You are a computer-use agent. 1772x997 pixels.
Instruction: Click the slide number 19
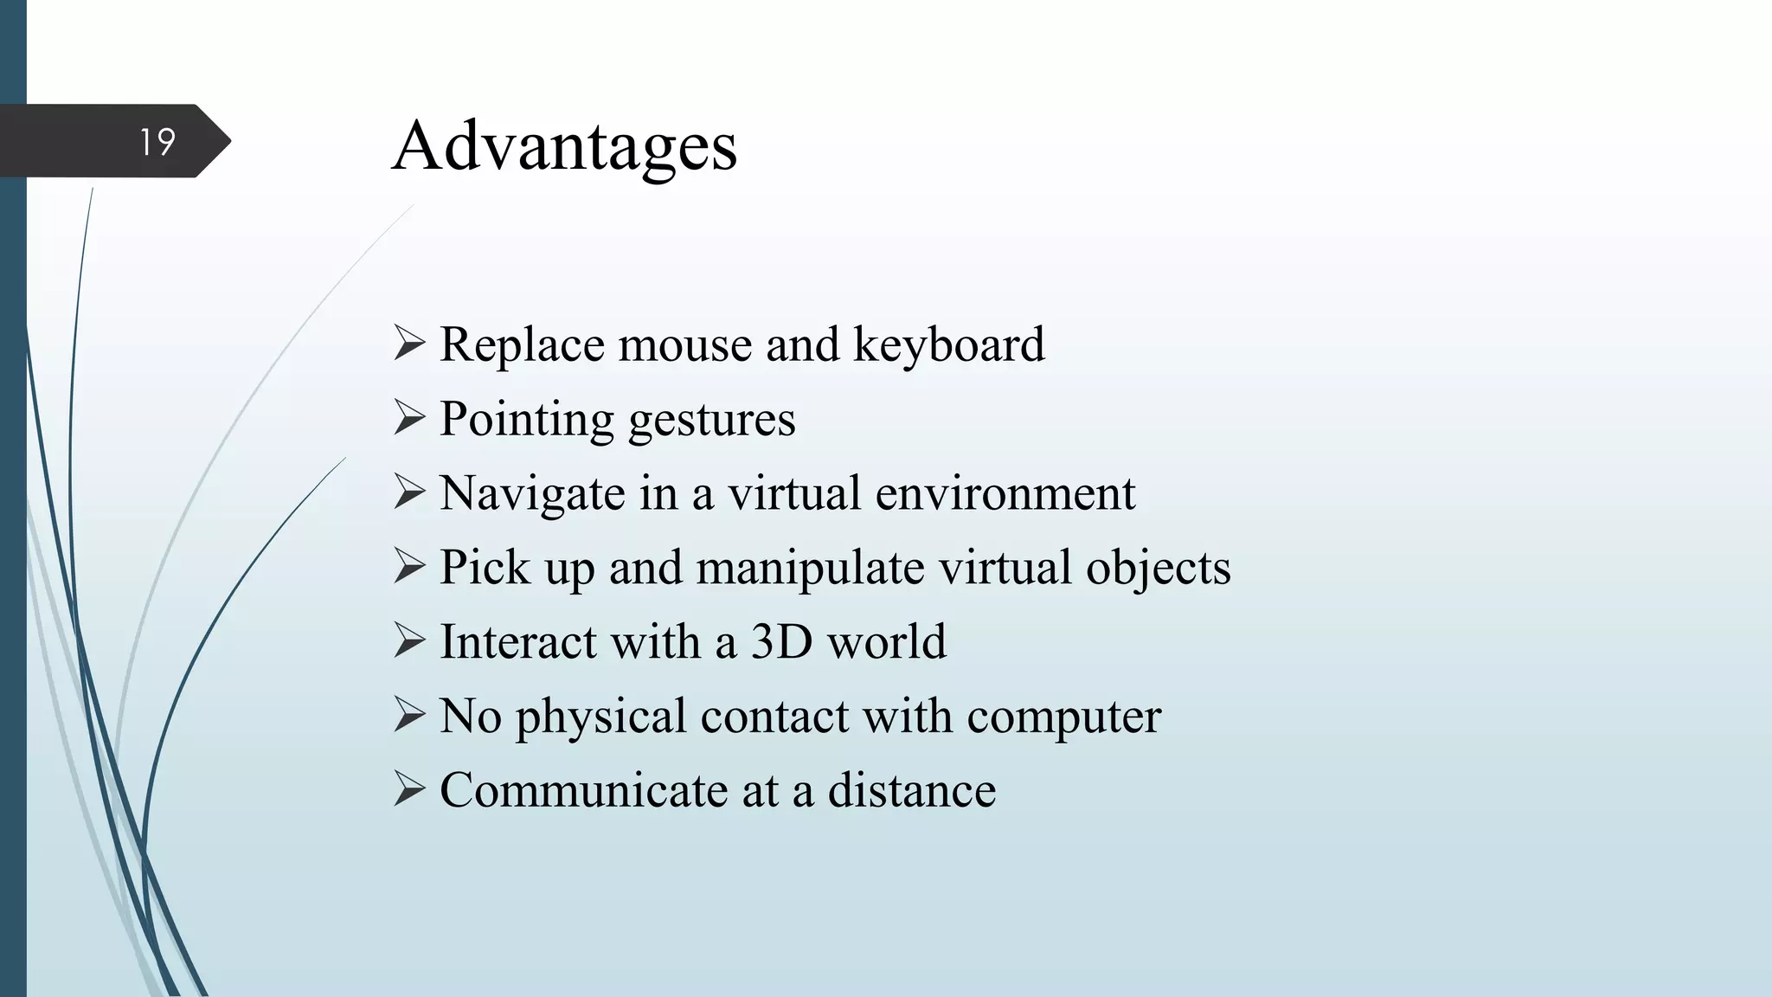click(157, 142)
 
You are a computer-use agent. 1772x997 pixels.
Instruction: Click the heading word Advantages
click(564, 146)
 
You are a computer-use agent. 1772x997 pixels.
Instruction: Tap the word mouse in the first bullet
click(685, 344)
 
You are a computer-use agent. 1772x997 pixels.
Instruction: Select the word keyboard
click(949, 345)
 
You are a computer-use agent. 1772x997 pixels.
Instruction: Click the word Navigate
click(532, 494)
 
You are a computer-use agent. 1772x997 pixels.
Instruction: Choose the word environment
click(1005, 493)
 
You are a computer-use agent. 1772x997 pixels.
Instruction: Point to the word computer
click(1063, 717)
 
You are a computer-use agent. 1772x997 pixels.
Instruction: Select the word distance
click(911, 790)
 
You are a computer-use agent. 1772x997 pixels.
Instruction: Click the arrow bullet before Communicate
click(409, 789)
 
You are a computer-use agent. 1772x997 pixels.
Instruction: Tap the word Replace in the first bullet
click(523, 345)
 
